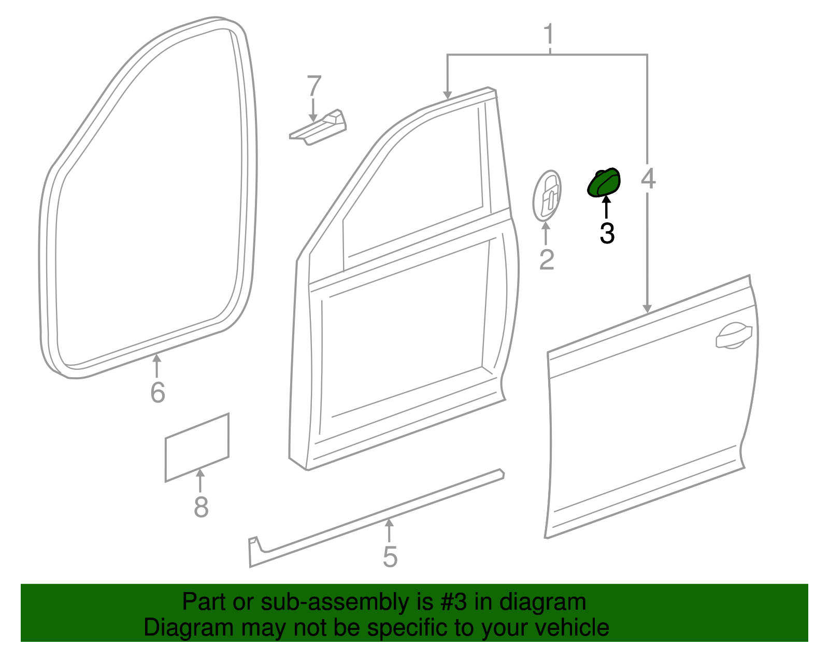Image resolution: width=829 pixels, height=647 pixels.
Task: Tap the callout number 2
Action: (547, 260)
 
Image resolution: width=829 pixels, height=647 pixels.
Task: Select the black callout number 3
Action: (607, 233)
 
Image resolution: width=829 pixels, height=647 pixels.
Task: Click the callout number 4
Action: (648, 178)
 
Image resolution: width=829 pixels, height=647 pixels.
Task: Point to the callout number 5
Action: (390, 557)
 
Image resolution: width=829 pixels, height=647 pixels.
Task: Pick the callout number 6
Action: (158, 392)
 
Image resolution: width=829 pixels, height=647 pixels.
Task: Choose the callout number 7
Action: (314, 86)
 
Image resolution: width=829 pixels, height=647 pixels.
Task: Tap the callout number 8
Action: (201, 507)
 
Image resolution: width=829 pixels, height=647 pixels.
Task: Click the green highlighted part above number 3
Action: (604, 183)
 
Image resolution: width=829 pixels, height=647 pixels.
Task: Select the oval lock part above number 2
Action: (547, 195)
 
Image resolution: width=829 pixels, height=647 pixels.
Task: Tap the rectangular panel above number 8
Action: (197, 448)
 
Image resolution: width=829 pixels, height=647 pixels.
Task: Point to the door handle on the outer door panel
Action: (733, 336)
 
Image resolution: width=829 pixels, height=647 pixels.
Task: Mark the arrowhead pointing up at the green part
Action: (606, 200)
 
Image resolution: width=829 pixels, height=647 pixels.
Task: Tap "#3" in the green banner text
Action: (453, 602)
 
